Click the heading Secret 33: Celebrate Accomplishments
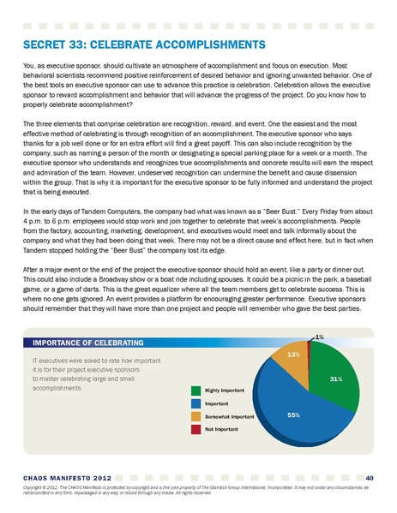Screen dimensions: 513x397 pyautogui.click(x=141, y=44)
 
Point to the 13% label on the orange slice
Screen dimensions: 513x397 pyautogui.click(x=292, y=354)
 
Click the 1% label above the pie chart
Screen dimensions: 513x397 pyautogui.click(x=319, y=337)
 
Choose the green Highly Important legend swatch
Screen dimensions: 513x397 pyautogui.click(x=195, y=390)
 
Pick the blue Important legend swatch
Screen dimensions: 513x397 pyautogui.click(x=195, y=403)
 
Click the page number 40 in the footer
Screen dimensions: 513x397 pyautogui.click(x=368, y=477)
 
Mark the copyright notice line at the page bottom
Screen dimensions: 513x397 pyautogui.click(x=197, y=489)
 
